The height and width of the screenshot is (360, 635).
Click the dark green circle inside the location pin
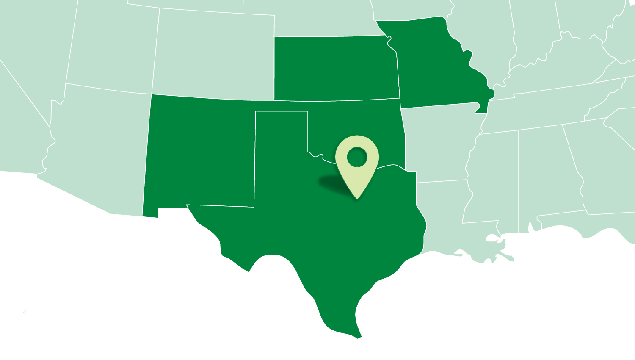[357, 157]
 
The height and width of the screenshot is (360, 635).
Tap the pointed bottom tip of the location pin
[357, 198]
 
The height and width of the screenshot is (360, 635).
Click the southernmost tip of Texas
[359, 337]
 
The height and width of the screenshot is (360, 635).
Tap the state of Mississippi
[493, 178]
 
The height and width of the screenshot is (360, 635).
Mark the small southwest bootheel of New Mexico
[150, 212]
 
